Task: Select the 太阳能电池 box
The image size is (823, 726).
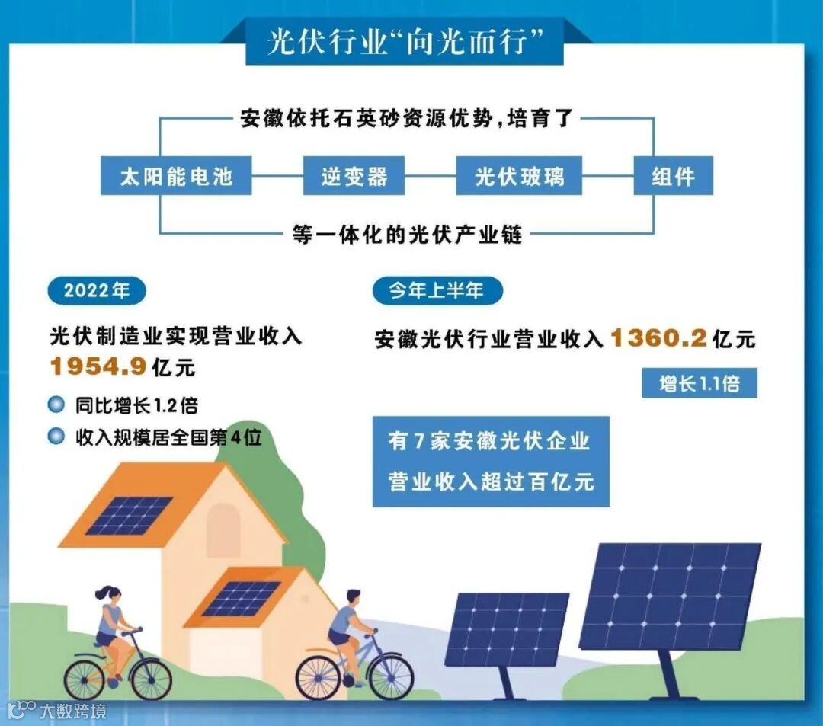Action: [x=176, y=177]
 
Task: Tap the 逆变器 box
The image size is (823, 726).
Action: [x=354, y=177]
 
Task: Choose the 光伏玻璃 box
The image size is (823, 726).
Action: [x=519, y=177]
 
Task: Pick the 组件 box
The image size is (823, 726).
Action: [x=673, y=177]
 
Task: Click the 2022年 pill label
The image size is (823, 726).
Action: [x=96, y=290]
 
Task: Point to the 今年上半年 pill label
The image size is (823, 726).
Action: [x=437, y=290]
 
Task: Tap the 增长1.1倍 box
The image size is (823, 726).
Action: [x=700, y=382]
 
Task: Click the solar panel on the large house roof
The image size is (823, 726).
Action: [x=129, y=515]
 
